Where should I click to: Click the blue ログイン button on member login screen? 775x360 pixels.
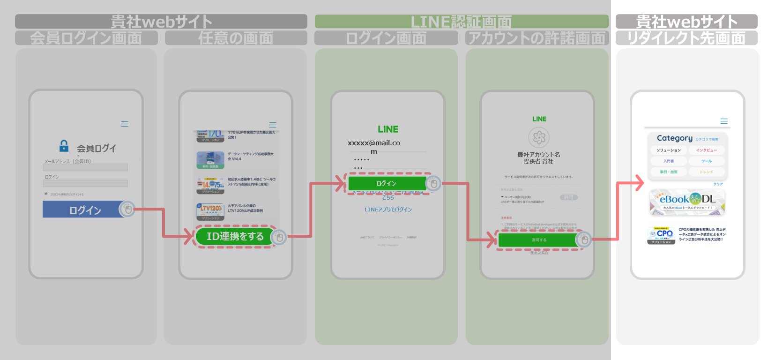pos(84,210)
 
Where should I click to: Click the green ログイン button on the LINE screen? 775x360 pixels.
pos(386,183)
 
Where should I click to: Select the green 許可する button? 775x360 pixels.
pos(538,240)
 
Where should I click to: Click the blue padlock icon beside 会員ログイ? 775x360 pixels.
pos(64,146)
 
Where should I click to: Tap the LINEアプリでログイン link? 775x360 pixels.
pos(388,210)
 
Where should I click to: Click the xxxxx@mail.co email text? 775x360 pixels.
pos(373,143)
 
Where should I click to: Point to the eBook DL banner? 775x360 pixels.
pos(687,202)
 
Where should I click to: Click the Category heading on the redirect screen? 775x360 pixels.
pos(674,138)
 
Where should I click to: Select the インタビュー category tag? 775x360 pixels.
pos(706,150)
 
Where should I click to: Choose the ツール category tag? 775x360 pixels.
pos(706,161)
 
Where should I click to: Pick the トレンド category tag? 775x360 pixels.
pos(706,172)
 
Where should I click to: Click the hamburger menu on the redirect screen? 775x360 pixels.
pos(724,121)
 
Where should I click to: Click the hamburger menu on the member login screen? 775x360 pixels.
pos(125,124)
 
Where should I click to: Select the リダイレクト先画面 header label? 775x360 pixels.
pos(686,38)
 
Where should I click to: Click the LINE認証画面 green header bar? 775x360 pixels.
pos(461,22)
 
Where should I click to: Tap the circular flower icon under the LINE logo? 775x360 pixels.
pos(539,137)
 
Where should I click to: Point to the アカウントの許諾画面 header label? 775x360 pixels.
pos(537,38)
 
